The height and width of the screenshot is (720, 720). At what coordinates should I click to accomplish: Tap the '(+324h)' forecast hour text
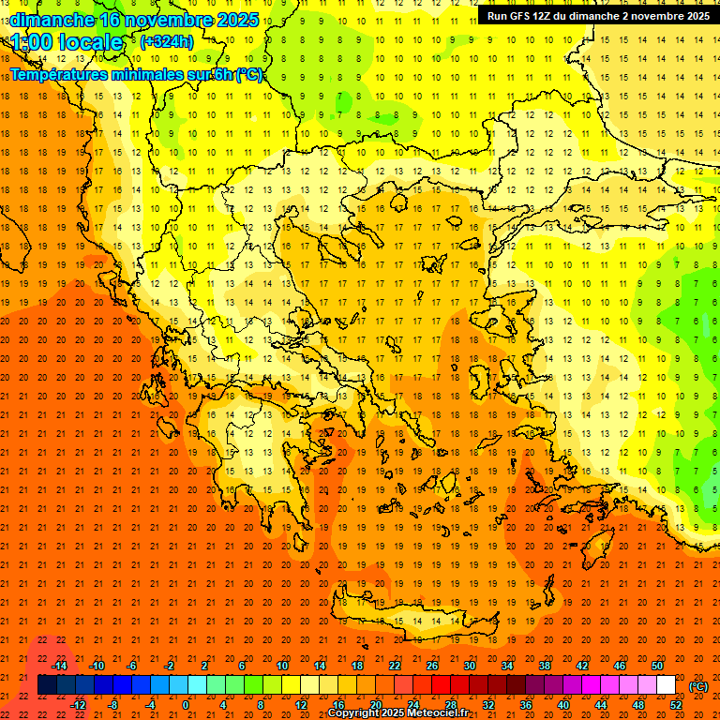pyautogui.click(x=167, y=42)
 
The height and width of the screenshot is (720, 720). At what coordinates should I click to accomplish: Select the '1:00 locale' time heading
pyautogui.click(x=67, y=42)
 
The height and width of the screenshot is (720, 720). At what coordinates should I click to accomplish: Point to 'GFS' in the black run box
pyautogui.click(x=525, y=16)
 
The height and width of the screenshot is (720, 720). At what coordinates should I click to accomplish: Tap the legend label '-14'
pyautogui.click(x=59, y=666)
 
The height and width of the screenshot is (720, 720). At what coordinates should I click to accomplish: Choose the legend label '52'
pyautogui.click(x=676, y=705)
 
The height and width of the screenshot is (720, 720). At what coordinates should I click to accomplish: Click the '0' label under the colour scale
pyautogui.click(x=185, y=705)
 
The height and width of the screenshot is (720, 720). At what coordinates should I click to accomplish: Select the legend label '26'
pyautogui.click(x=432, y=666)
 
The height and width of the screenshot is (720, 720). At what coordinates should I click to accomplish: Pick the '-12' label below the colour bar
pyautogui.click(x=78, y=705)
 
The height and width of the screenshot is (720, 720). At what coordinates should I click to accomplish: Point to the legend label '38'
pyautogui.click(x=545, y=666)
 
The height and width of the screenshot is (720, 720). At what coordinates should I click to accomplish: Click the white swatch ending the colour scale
pyautogui.click(x=667, y=685)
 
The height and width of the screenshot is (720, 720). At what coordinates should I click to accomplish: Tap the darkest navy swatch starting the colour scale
pyautogui.click(x=48, y=685)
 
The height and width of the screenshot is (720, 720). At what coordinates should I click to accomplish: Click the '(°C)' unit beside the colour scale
pyautogui.click(x=698, y=686)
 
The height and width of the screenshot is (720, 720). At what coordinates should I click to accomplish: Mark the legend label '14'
pyautogui.click(x=320, y=666)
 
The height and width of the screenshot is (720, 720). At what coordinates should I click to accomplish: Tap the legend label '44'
pyautogui.click(x=601, y=705)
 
